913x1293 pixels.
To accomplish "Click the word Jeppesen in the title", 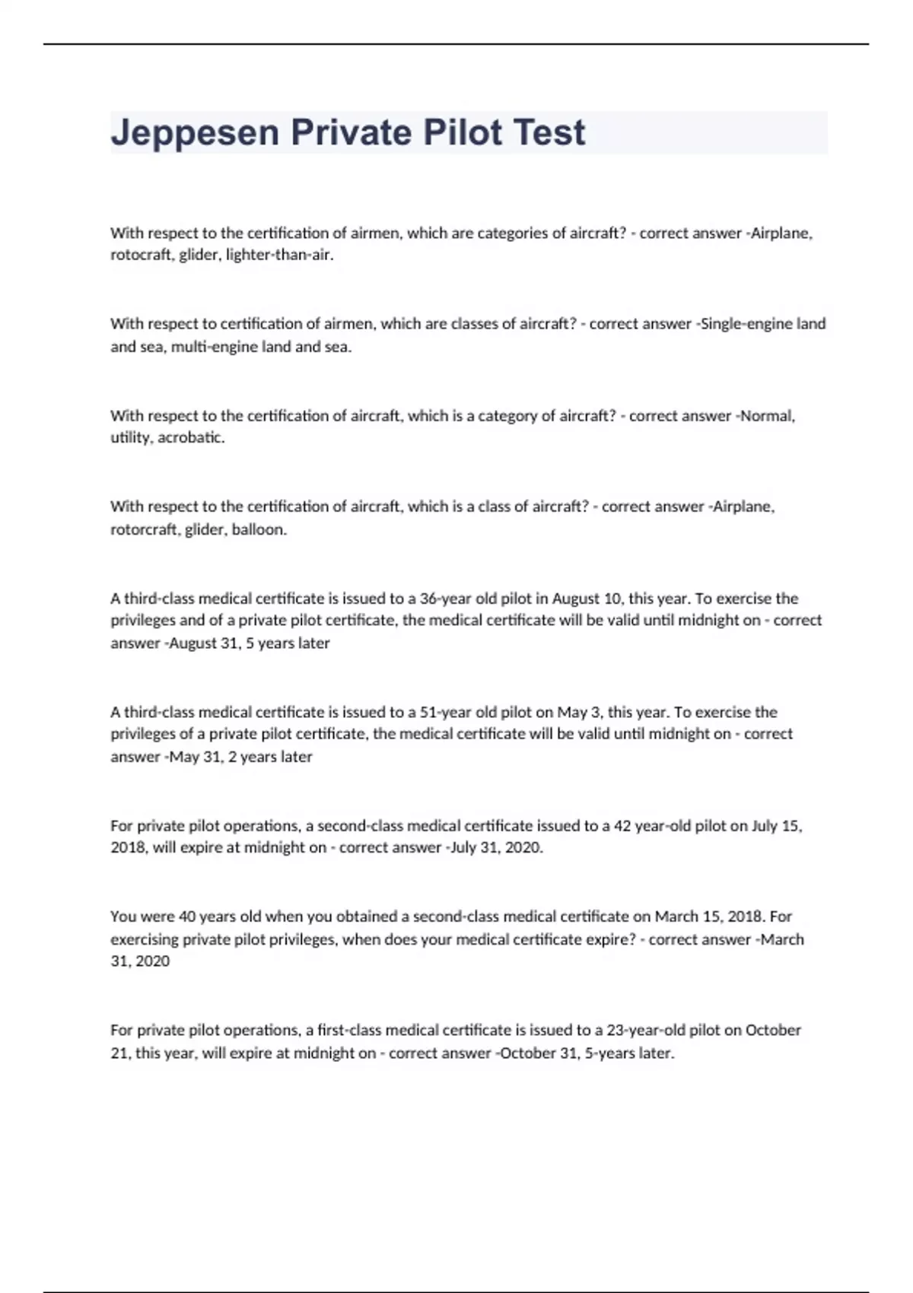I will coord(195,134).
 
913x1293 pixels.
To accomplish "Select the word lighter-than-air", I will coord(279,256).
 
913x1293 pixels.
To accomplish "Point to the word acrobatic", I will coord(191,438).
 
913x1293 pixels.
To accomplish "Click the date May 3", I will coord(574,713).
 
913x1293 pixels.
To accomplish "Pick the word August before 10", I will coord(576,599).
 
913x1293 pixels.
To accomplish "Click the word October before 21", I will coord(773,1031).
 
